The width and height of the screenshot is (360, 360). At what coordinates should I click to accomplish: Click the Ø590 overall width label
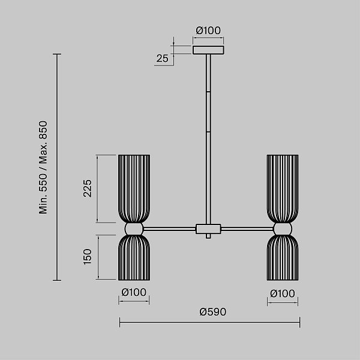pyautogui.click(x=213, y=312)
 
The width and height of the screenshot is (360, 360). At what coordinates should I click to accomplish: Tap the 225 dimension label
pyautogui.click(x=88, y=188)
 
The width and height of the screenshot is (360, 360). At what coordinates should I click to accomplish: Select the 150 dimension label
pyautogui.click(x=88, y=257)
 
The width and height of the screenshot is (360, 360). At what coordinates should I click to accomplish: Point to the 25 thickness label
pyautogui.click(x=163, y=58)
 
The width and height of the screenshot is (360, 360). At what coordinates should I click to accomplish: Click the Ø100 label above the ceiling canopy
pyautogui.click(x=208, y=31)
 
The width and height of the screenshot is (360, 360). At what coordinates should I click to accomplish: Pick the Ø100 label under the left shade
pyautogui.click(x=134, y=292)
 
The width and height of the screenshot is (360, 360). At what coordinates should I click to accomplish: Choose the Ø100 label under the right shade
pyautogui.click(x=283, y=293)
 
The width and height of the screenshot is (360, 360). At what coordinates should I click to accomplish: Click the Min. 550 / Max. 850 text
pyautogui.click(x=43, y=167)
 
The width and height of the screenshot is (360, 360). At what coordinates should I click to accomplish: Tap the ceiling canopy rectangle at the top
pyautogui.click(x=208, y=50)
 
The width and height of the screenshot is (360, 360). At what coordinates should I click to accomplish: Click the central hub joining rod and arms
pyautogui.click(x=208, y=229)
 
